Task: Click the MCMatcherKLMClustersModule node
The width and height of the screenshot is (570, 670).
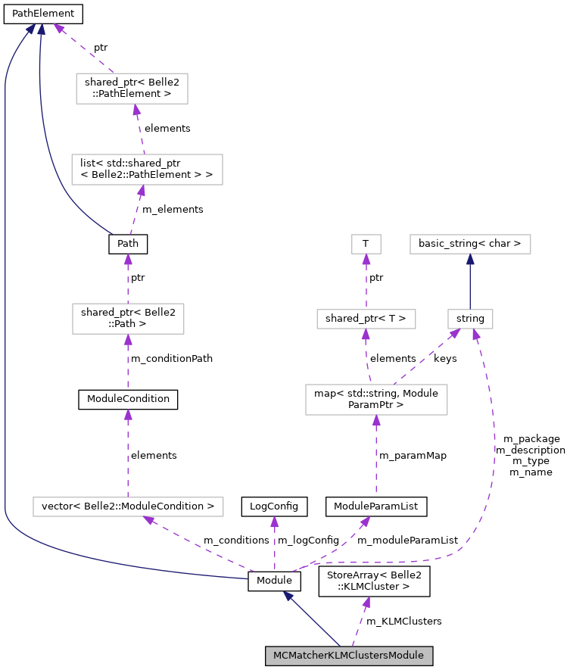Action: [348, 656]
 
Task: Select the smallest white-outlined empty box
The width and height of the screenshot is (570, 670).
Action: [366, 244]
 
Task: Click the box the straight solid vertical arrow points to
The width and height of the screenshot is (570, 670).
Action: [470, 244]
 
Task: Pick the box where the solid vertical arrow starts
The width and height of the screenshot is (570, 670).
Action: [470, 319]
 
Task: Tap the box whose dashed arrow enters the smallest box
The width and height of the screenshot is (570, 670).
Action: [366, 319]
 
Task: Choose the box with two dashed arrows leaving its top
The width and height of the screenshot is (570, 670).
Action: [376, 400]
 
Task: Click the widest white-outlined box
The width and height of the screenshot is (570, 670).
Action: [128, 506]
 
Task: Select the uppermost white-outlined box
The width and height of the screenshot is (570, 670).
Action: [132, 89]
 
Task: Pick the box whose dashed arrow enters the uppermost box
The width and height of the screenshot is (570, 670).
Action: [147, 170]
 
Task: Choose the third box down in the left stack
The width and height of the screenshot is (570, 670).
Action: [128, 319]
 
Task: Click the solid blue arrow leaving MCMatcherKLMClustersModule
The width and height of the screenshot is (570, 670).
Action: [311, 619]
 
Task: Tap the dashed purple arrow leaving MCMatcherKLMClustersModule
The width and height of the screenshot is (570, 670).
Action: [359, 623]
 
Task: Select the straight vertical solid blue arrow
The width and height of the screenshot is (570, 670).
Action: [470, 281]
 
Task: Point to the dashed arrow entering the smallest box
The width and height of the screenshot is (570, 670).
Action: [366, 281]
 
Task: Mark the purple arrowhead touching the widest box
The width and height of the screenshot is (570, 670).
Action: [148, 519]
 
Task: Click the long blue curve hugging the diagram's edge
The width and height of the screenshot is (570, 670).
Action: [6, 303]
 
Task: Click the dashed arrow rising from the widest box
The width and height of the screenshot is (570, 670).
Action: [128, 454]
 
